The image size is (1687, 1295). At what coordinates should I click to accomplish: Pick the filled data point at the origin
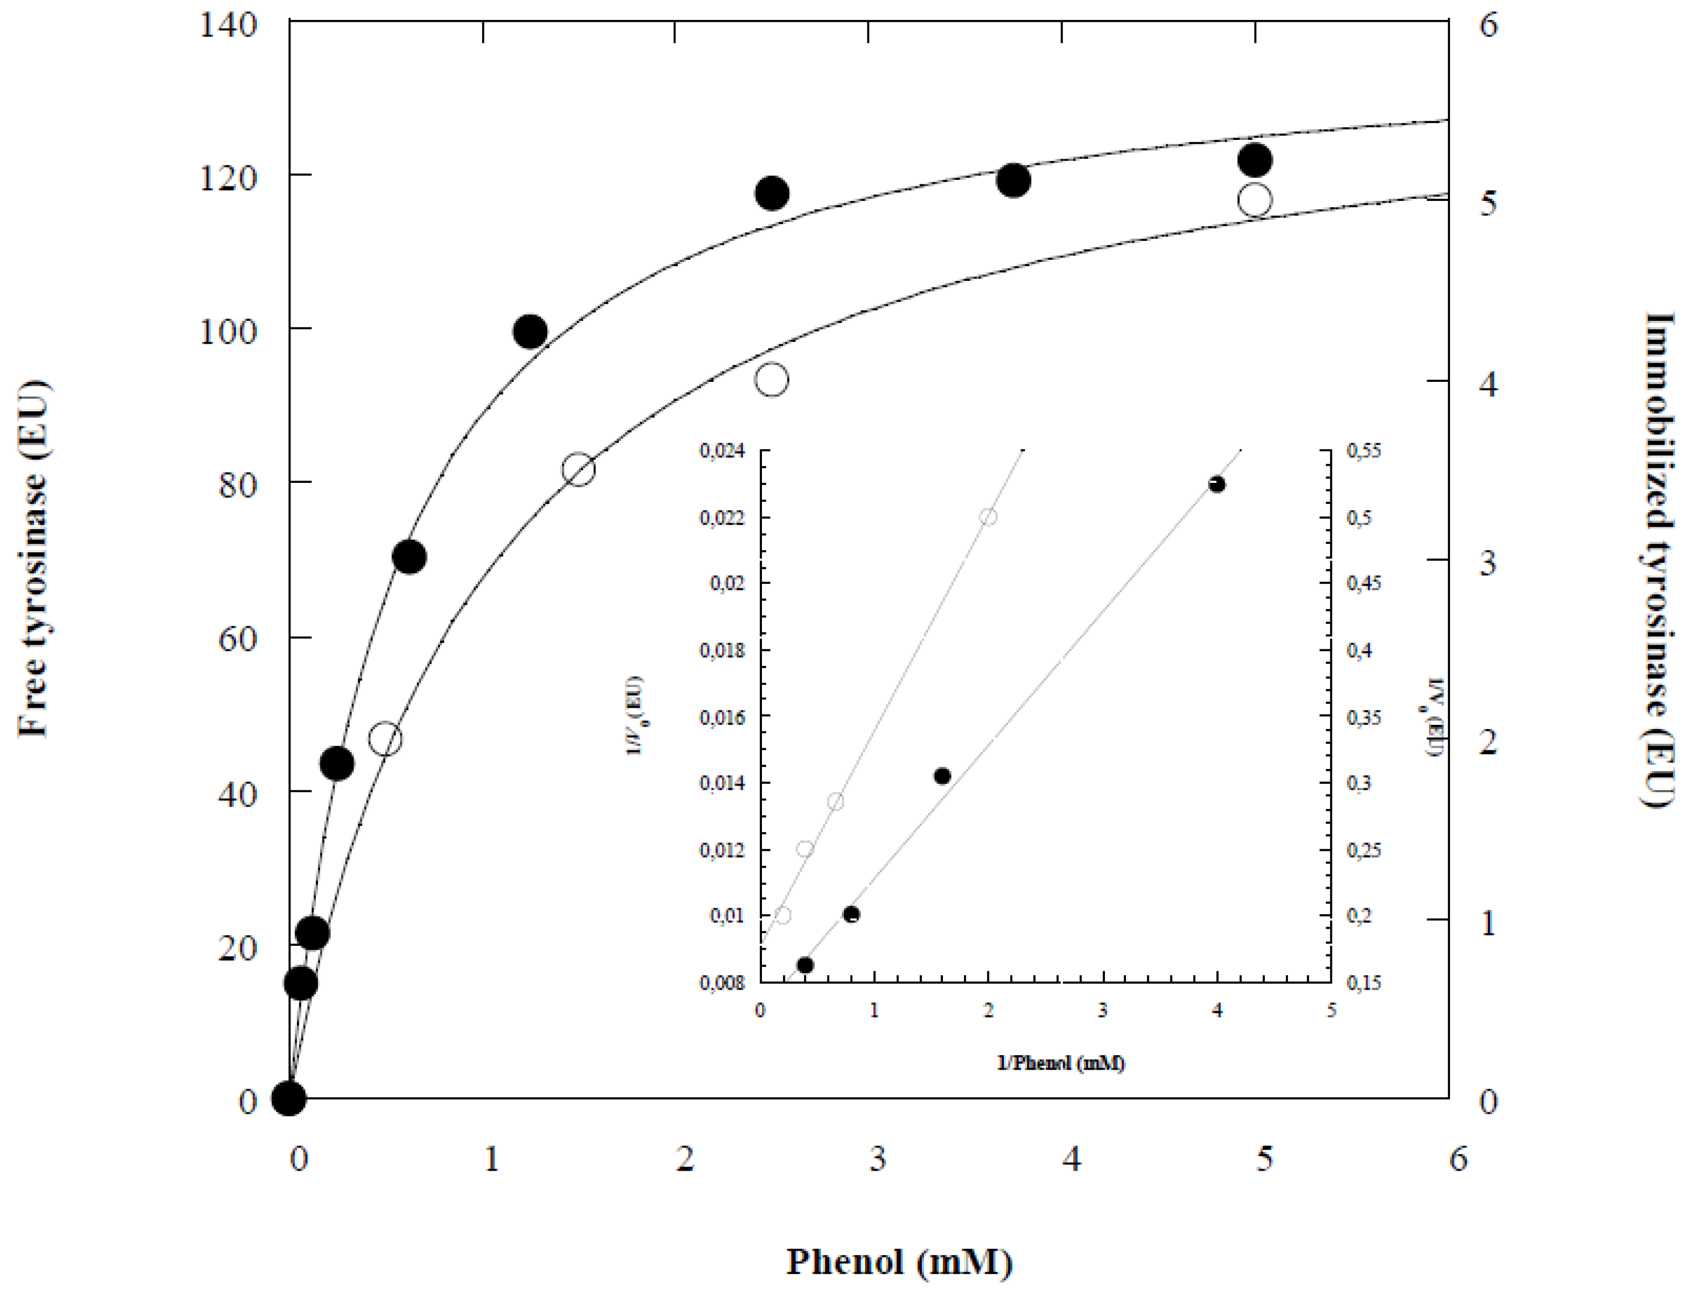pyautogui.click(x=289, y=1097)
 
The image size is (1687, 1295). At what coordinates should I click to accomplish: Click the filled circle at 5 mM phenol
pyautogui.click(x=1255, y=160)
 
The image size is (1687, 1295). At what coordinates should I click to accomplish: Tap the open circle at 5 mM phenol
pyautogui.click(x=1255, y=200)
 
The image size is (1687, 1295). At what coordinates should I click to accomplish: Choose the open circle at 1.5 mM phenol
pyautogui.click(x=579, y=470)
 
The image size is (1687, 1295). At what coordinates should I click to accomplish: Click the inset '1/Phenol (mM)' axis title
pyautogui.click(x=1060, y=1064)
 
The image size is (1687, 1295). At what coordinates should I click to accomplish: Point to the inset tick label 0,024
pyautogui.click(x=722, y=451)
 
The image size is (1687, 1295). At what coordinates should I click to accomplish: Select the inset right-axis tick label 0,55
pyautogui.click(x=1363, y=451)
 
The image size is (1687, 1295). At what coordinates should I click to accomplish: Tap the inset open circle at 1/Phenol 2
pyautogui.click(x=988, y=516)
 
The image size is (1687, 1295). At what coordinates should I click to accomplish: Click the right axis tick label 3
pyautogui.click(x=1487, y=563)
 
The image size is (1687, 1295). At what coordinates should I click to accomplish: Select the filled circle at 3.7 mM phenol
pyautogui.click(x=1013, y=180)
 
